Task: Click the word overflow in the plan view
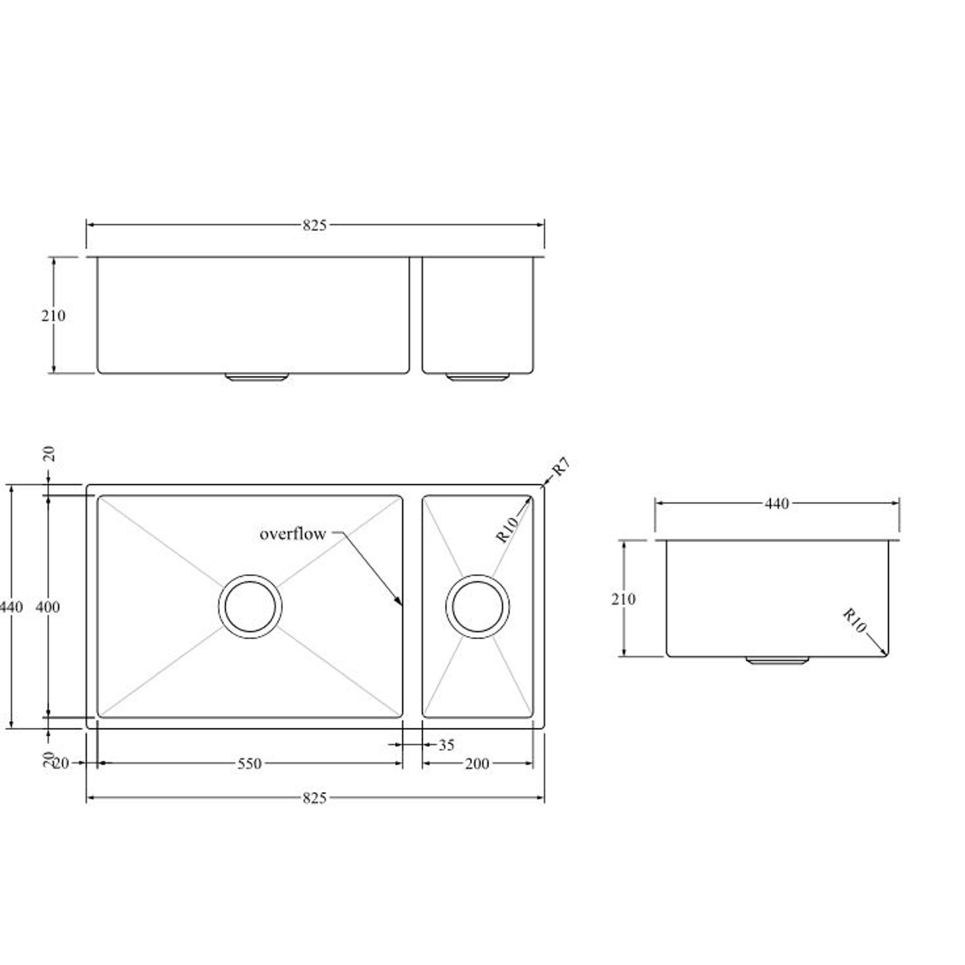click(x=292, y=534)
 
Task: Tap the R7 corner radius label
click(x=560, y=466)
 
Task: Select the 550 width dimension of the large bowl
click(x=249, y=763)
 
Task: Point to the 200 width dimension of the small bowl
click(x=477, y=763)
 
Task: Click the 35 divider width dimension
click(x=446, y=745)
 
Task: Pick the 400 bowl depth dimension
click(x=47, y=607)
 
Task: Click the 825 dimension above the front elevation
click(x=314, y=225)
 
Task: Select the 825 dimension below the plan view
click(x=314, y=798)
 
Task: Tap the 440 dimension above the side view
click(x=777, y=504)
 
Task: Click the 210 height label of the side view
click(x=623, y=599)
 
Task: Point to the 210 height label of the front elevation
click(x=53, y=316)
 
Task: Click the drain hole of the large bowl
click(x=250, y=606)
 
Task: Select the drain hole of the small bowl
click(x=477, y=606)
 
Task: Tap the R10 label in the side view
click(x=854, y=620)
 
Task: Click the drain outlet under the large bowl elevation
click(x=256, y=377)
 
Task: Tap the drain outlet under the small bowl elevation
click(x=477, y=377)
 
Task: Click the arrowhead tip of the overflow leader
click(x=401, y=605)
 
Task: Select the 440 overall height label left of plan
click(x=12, y=607)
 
